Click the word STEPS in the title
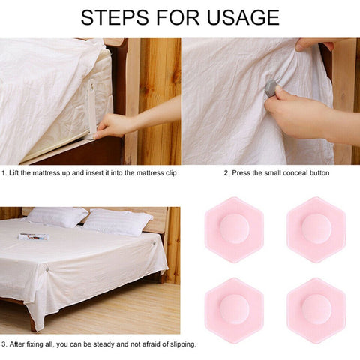point(115,17)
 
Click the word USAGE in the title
point(244,17)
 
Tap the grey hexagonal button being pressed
point(271,89)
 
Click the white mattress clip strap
point(91,107)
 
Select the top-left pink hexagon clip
point(234,229)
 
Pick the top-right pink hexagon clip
point(316,229)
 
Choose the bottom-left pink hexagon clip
point(234,310)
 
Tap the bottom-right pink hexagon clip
point(316,310)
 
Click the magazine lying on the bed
point(33,236)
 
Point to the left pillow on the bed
point(58,217)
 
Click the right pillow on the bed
point(118,222)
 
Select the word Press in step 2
point(241,173)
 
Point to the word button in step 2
point(319,173)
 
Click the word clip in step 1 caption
point(171,173)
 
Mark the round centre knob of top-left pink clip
point(234,229)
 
